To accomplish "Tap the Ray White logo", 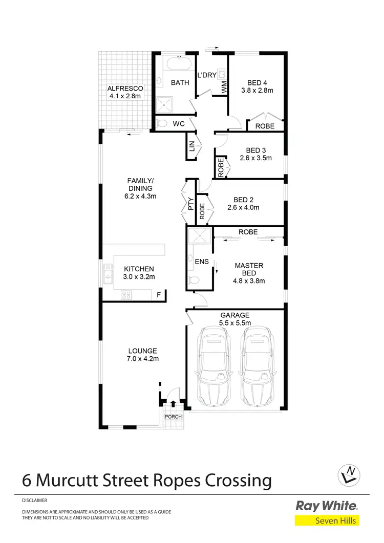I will (x=327, y=506).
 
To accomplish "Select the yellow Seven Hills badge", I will (x=327, y=521).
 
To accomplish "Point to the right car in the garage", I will (x=258, y=366).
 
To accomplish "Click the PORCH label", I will (x=173, y=417).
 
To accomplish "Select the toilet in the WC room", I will (x=163, y=123).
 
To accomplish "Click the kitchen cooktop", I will (x=126, y=294).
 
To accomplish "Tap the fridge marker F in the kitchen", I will (x=159, y=295).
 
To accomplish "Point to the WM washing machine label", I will (x=224, y=88).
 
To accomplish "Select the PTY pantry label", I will (x=190, y=205).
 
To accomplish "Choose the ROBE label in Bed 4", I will (x=265, y=126).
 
